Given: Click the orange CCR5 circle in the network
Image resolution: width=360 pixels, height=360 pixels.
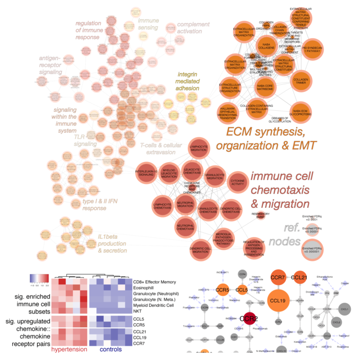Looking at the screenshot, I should click(x=223, y=291).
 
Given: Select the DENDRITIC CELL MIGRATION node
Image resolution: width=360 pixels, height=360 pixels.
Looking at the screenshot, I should click(x=187, y=249).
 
